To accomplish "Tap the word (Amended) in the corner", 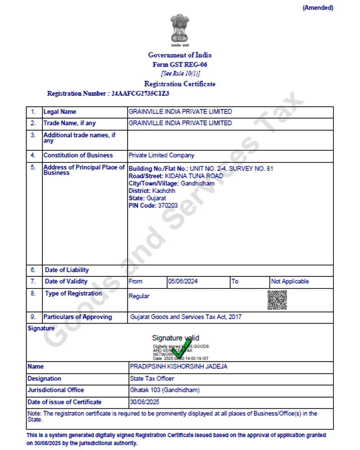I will tap(318, 8).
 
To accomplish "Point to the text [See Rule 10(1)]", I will tap(180, 73).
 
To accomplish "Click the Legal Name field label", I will tap(60, 112).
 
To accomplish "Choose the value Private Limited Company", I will tap(162, 155).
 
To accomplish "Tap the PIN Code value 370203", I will tap(167, 205).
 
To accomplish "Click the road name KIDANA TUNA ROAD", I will tap(194, 176).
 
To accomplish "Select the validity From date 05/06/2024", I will tap(183, 281).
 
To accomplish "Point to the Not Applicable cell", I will tap(290, 281).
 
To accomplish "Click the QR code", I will tap(277, 300).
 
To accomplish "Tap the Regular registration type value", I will tap(139, 296).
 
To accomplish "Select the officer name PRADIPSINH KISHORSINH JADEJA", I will tap(179, 367).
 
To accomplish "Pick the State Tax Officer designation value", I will tap(152, 378).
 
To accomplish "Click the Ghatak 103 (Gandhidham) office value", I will tap(165, 390).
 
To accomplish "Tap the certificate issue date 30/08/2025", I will tap(144, 402).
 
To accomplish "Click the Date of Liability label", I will tap(67, 270).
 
